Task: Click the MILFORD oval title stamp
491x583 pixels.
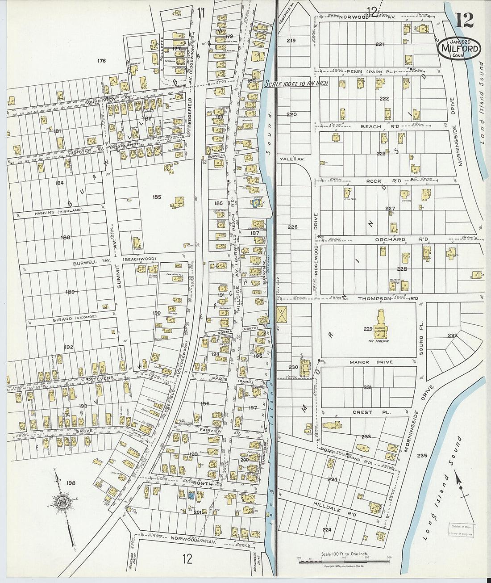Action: pos(459,49)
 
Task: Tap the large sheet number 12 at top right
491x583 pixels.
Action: pos(465,20)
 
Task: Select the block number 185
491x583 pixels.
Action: pos(156,197)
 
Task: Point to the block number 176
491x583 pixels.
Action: pos(102,60)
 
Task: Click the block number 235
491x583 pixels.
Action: pos(422,456)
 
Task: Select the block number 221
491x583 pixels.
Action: pos(380,44)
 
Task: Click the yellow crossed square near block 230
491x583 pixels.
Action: pos(282,315)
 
